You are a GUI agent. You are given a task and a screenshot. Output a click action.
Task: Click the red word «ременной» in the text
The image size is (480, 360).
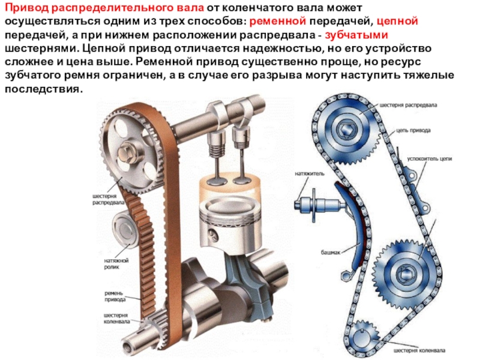(x=278, y=22)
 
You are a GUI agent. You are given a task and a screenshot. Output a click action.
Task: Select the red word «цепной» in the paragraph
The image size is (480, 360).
(x=397, y=22)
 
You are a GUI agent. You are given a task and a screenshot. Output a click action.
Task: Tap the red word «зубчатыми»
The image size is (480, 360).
(x=356, y=35)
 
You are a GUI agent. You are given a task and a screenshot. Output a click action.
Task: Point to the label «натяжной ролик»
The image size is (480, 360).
(x=116, y=264)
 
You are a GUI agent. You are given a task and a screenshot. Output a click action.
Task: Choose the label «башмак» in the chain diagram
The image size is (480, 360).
(x=331, y=253)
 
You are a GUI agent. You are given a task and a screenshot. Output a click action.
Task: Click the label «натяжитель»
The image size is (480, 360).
(x=310, y=173)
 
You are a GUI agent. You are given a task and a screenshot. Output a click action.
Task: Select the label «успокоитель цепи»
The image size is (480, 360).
(x=430, y=159)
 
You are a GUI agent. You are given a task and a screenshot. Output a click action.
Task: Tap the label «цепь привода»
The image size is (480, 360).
(x=413, y=130)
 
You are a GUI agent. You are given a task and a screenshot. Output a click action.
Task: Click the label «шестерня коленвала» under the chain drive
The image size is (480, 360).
(x=419, y=350)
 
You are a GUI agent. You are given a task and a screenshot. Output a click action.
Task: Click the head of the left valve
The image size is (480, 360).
(x=217, y=180)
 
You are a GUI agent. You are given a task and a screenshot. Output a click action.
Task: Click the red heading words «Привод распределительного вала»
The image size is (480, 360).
(x=104, y=8)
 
